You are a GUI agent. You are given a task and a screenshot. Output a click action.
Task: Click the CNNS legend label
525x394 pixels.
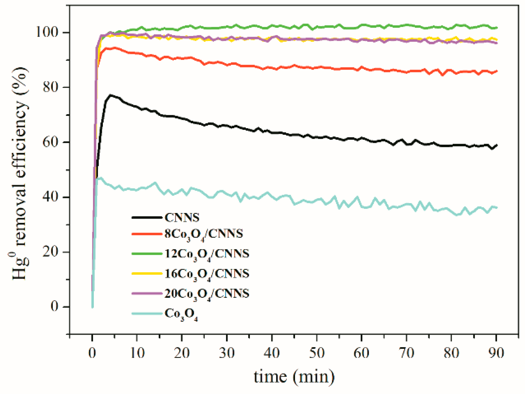[182, 217]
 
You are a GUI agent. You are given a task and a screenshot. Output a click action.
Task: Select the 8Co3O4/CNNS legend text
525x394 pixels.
[204, 234]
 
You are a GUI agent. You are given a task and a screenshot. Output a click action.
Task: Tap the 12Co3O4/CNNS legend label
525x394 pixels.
[207, 254]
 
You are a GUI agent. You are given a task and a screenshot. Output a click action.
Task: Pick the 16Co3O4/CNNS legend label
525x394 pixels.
[207, 274]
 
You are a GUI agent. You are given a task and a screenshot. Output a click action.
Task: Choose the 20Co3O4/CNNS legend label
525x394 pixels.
[207, 294]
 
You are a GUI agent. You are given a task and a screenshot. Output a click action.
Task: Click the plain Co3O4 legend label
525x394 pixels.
[181, 314]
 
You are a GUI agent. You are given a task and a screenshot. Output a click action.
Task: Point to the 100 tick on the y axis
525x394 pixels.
[48, 32]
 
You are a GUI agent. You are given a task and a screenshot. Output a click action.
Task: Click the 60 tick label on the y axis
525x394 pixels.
[51, 142]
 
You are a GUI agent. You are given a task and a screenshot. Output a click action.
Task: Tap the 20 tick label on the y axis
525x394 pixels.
[51, 252]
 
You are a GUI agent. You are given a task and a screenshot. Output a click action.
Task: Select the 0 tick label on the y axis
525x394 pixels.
[55, 307]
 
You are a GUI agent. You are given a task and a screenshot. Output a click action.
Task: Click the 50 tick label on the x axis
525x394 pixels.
[316, 353]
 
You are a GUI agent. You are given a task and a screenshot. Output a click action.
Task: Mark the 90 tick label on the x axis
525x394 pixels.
[496, 353]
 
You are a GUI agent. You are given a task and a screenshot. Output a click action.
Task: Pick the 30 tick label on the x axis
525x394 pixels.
[227, 353]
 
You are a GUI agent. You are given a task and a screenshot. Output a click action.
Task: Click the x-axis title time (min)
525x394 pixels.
[294, 377]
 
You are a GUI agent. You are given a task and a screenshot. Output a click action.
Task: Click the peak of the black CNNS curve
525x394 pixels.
[110, 95]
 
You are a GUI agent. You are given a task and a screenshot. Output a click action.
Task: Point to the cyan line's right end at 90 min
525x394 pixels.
[497, 207]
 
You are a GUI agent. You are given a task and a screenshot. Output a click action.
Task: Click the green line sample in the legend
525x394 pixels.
[147, 254]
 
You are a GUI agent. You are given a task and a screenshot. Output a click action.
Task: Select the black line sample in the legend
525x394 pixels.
[147, 217]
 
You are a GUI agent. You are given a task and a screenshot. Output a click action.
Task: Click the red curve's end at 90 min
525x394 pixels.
[497, 71]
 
